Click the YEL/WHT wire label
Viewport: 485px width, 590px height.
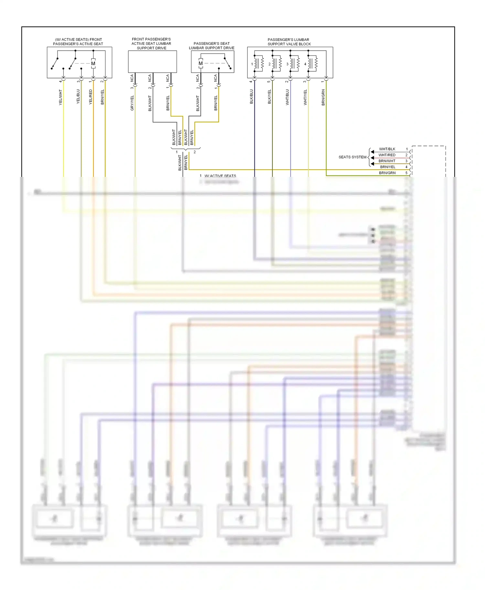60,97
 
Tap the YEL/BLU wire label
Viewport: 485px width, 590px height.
78,97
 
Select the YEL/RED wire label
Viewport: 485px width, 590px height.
91,97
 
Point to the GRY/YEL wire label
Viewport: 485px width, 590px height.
132,103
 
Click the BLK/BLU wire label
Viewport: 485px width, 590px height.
252,97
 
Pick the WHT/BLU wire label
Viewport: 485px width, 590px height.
287,97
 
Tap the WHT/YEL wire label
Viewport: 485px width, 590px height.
305,97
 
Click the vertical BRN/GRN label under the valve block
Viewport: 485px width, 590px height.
323,97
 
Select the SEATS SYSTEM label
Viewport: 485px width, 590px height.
352,157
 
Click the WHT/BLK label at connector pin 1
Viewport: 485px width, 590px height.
387,149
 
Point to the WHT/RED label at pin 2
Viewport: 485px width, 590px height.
387,155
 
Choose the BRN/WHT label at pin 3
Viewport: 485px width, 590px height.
387,161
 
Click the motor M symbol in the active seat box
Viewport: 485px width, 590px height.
93,64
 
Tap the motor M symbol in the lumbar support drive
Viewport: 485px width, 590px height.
201,63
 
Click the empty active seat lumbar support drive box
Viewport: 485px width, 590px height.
152,61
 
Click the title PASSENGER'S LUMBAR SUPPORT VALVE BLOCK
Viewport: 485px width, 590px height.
289,42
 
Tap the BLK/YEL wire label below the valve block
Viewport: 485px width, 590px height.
269,97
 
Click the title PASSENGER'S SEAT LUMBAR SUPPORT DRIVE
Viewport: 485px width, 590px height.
212,46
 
